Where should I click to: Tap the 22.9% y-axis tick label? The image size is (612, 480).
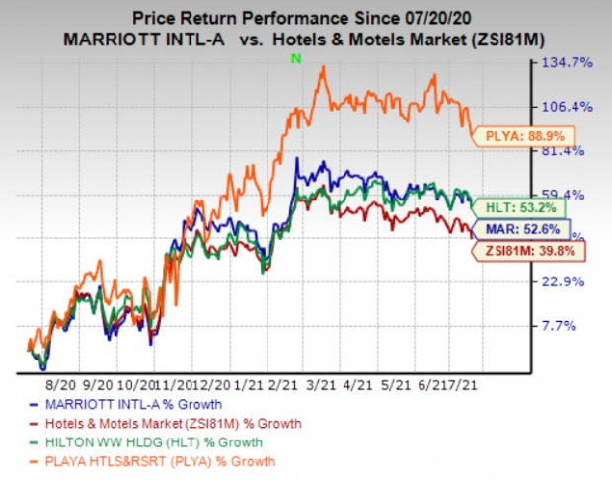pyautogui.click(x=572, y=281)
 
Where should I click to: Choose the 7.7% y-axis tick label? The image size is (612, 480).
pyautogui.click(x=575, y=325)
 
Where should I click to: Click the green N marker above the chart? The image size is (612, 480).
pyautogui.click(x=293, y=60)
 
